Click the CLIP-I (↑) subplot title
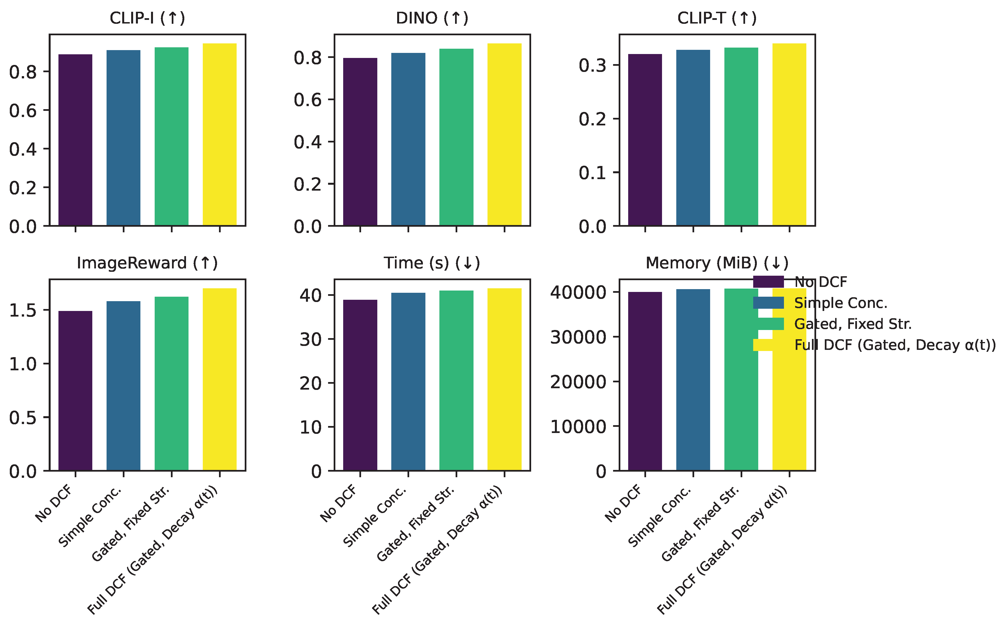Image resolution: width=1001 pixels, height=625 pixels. tap(147, 18)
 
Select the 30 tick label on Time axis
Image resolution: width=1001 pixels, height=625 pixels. tap(310, 340)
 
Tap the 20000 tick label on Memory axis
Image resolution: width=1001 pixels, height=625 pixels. tap(578, 382)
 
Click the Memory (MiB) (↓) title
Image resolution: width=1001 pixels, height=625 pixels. tap(717, 263)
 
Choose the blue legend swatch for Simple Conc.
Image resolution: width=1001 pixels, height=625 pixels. tap(768, 303)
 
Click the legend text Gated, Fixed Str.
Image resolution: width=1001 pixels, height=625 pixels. tap(853, 324)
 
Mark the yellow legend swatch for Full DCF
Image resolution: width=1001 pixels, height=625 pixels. tap(768, 345)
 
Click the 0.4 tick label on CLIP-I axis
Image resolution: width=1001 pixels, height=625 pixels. tap(23, 149)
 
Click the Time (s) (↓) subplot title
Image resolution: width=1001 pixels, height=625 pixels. tap(432, 263)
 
